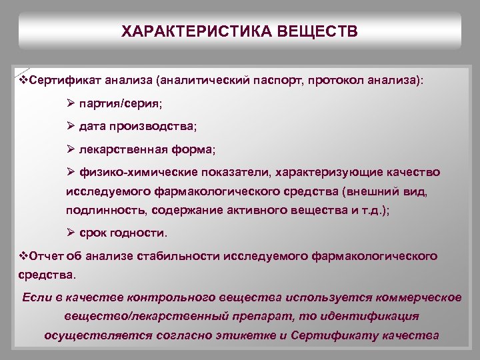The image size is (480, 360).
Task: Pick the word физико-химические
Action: pyautogui.click(x=129, y=172)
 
